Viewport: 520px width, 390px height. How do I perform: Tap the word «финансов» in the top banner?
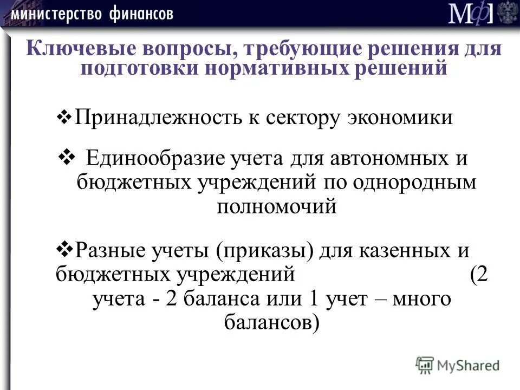tap(140, 14)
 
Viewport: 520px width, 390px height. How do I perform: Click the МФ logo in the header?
tap(471, 14)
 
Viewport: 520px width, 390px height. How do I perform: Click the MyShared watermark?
tap(458, 365)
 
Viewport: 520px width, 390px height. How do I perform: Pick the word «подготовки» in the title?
tap(139, 68)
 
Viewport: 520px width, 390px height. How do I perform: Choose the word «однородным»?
tap(414, 183)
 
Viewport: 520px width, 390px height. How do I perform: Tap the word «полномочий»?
tap(277, 206)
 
